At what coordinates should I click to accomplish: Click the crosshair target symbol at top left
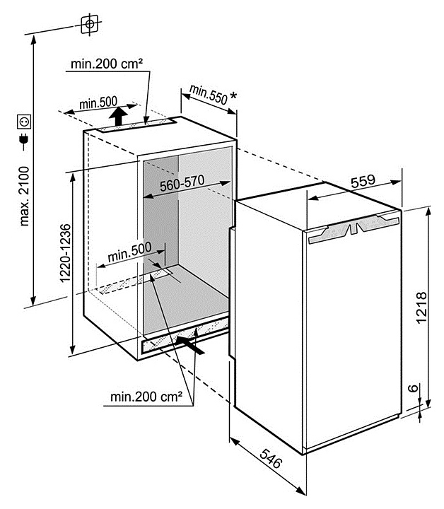click(x=89, y=23)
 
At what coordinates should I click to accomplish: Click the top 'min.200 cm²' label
click(x=107, y=64)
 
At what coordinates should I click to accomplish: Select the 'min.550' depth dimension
click(x=208, y=95)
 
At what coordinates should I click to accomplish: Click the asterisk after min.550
click(x=233, y=98)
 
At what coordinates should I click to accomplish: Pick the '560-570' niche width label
click(x=182, y=182)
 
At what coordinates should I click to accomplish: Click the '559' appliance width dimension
click(x=363, y=180)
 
